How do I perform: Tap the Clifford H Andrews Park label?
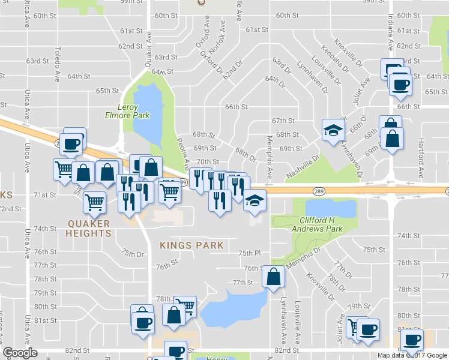click(x=321, y=224)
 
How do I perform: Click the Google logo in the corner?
click(x=20, y=353)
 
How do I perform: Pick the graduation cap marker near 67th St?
click(x=333, y=130)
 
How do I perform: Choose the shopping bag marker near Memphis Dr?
click(x=274, y=277)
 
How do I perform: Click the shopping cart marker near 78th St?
click(x=185, y=307)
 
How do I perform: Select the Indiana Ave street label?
click(x=390, y=32)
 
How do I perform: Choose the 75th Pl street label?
click(x=249, y=253)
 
